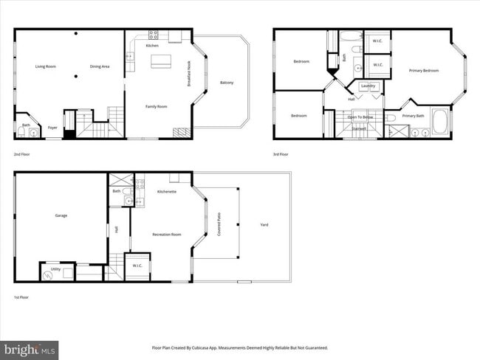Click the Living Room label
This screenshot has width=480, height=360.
[46, 66]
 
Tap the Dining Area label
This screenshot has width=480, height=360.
[100, 66]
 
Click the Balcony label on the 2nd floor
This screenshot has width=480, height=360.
[227, 82]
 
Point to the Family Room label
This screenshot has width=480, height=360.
[156, 106]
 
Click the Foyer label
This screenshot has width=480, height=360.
[52, 127]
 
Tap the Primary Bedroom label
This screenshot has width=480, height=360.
[424, 70]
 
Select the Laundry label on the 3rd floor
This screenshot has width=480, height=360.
[369, 86]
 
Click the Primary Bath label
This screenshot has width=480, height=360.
[414, 115]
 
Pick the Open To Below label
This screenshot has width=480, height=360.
[360, 116]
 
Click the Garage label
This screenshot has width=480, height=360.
[61, 215]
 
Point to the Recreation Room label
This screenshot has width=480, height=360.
[166, 234]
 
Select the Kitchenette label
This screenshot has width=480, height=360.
[166, 191]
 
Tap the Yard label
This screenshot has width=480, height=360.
[264, 224]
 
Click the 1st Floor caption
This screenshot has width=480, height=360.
[21, 297]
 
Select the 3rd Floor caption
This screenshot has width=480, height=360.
[281, 154]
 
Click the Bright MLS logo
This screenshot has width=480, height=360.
[30, 348]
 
